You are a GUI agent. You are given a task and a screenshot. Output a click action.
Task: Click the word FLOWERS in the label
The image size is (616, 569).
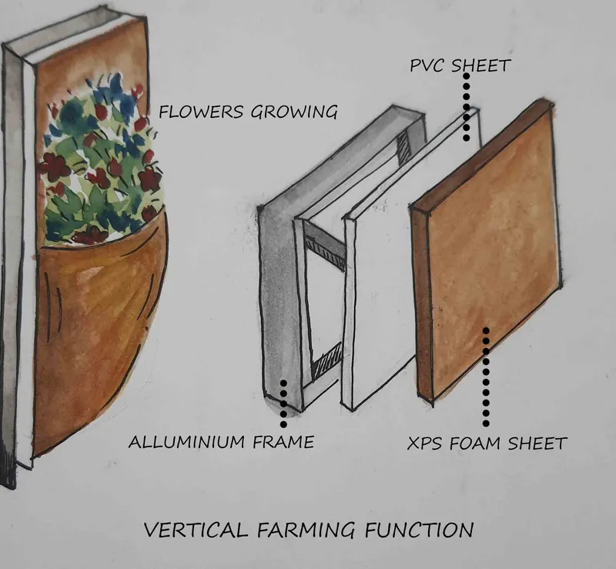(x=201, y=112)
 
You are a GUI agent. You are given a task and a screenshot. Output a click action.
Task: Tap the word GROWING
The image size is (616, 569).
(x=294, y=112)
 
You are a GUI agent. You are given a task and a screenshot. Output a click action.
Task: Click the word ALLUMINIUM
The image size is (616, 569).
(x=187, y=442)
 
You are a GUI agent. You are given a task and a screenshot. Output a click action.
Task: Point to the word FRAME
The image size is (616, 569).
(x=283, y=442)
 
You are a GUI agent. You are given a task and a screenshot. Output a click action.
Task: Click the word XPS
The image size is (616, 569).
(x=424, y=443)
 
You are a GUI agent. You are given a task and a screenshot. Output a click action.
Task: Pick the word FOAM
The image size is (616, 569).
(x=474, y=443)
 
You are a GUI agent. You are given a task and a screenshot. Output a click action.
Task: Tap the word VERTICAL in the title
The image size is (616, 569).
(x=196, y=529)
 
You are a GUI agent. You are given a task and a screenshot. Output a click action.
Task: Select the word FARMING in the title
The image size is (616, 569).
(x=306, y=530)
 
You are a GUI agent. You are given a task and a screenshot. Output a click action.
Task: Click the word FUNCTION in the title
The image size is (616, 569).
(x=419, y=530)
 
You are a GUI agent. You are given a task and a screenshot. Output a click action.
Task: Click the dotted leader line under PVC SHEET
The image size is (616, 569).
(x=467, y=107)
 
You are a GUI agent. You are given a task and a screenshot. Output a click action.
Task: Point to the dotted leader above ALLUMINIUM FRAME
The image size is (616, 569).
(x=283, y=403)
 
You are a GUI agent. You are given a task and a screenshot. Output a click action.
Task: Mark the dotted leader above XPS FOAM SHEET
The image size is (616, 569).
(x=486, y=377)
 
